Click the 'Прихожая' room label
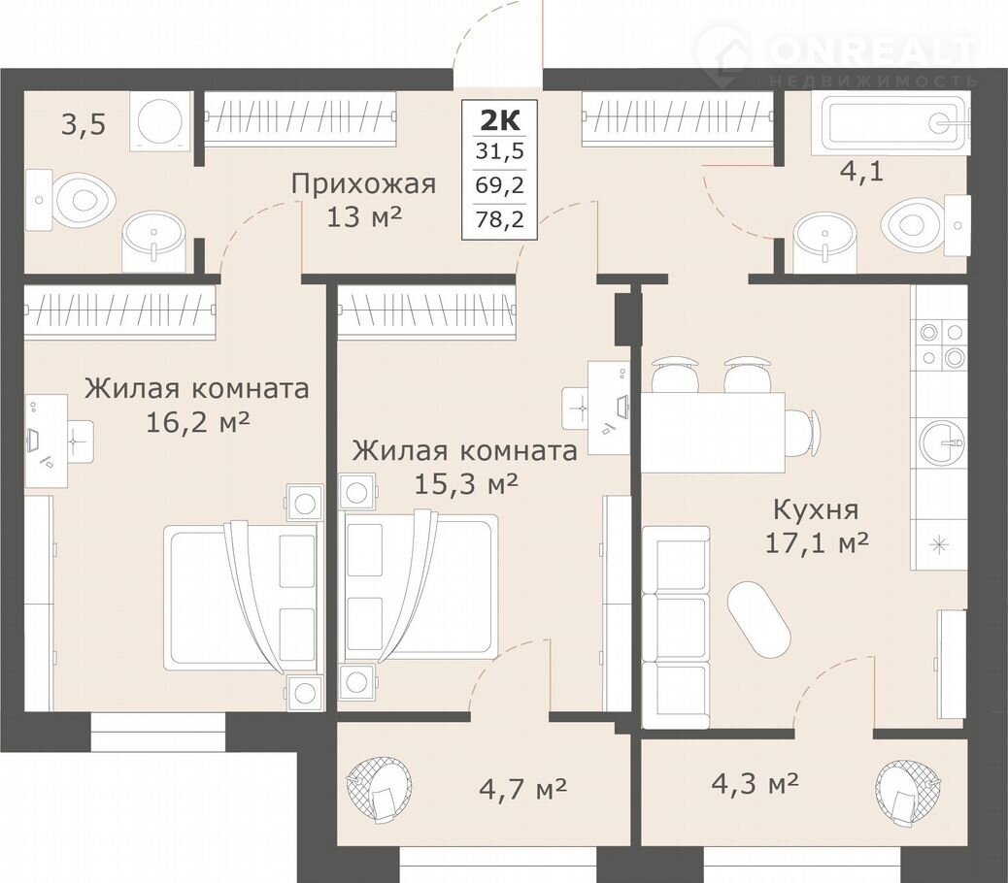click(x=363, y=185)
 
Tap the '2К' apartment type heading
click(x=499, y=120)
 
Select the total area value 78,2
click(x=499, y=219)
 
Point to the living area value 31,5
click(x=499, y=151)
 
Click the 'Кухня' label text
click(x=816, y=510)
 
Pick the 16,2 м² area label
click(x=198, y=422)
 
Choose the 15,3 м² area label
click(x=466, y=483)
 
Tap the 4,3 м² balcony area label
click(x=756, y=783)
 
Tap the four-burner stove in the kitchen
click(x=941, y=343)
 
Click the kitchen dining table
click(x=712, y=432)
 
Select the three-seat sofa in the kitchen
click(x=676, y=628)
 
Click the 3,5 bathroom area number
click(x=84, y=124)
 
